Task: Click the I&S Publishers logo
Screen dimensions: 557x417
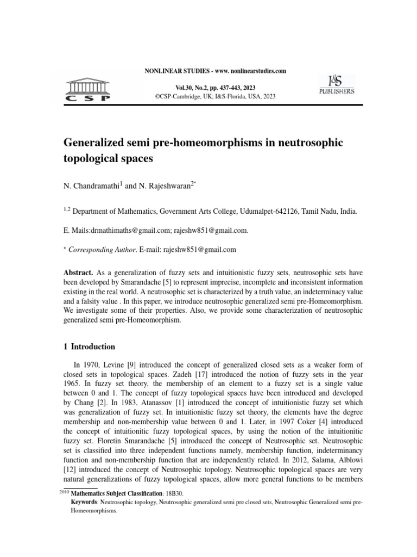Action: coord(336,85)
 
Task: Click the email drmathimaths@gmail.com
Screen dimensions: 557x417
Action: coord(131,231)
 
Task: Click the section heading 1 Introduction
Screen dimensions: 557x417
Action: coord(90,346)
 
